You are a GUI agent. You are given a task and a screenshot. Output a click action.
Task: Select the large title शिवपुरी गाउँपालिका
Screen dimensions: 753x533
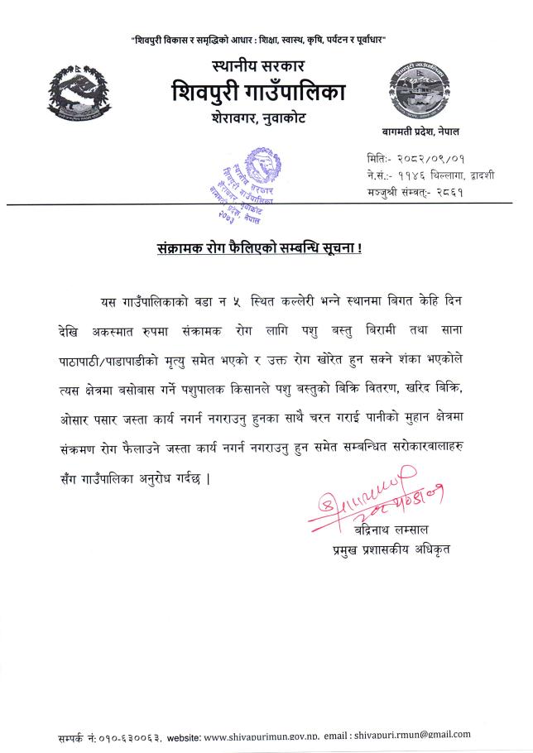pos(259,90)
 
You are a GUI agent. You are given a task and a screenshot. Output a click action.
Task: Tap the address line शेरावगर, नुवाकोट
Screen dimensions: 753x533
pos(259,118)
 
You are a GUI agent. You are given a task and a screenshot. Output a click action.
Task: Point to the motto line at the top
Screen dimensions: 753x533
pos(259,40)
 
